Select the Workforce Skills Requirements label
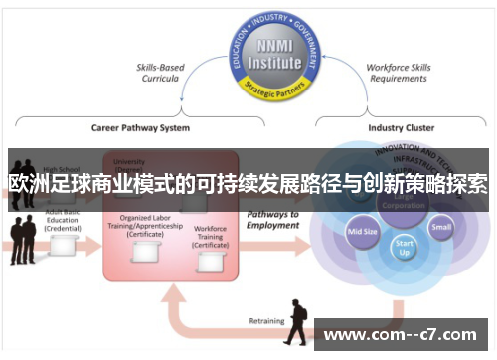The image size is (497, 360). pos(398,74)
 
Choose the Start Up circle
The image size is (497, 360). pos(404,246)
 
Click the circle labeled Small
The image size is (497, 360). pos(441,228)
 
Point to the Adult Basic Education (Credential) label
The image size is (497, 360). pos(62,221)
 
